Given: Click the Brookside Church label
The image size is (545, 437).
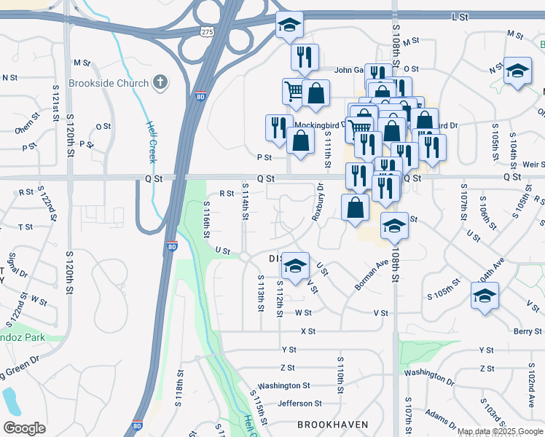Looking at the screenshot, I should tap(108, 83).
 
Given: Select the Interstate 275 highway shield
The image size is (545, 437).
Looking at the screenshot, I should tap(207, 33).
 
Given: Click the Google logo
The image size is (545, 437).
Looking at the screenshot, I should tap(24, 428).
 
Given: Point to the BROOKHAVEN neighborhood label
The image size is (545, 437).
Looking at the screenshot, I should tap(332, 424).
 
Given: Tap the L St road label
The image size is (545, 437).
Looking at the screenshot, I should tap(460, 16).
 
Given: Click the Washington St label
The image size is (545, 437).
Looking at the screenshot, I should tap(284, 385).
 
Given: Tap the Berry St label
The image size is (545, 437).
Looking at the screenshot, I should tap(527, 331).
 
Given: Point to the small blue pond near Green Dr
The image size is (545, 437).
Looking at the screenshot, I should tap(10, 400).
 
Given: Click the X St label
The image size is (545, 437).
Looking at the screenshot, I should tap(307, 331).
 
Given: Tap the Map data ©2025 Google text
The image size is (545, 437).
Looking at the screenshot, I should tap(500, 431).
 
